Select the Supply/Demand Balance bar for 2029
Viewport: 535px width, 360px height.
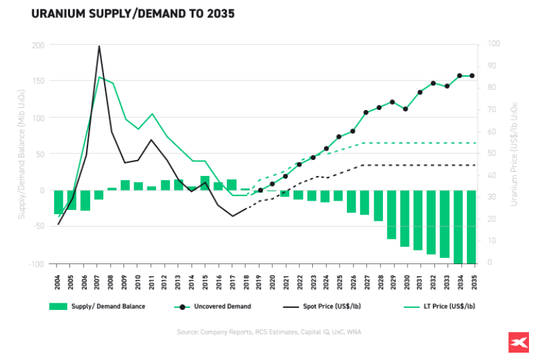pyautogui.click(x=392, y=215)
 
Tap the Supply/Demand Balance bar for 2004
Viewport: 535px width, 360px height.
pyautogui.click(x=59, y=202)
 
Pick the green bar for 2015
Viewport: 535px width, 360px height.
pyautogui.click(x=205, y=183)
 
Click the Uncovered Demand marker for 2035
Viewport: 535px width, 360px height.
pyautogui.click(x=472, y=75)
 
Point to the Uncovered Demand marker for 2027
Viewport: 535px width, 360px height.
pyautogui.click(x=366, y=113)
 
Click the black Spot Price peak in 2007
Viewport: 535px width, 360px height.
pyautogui.click(x=99, y=47)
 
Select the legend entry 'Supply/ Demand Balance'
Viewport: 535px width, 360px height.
pyautogui.click(x=97, y=307)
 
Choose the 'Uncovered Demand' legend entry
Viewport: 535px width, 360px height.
pyautogui.click(x=212, y=307)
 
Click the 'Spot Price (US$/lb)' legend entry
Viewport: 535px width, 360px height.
pyautogui.click(x=326, y=307)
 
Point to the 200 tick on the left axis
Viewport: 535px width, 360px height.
pyautogui.click(x=38, y=45)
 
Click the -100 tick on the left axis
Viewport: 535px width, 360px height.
pyautogui.click(x=36, y=264)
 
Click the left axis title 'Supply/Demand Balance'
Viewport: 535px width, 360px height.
pyautogui.click(x=21, y=155)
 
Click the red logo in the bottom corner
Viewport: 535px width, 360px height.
pyautogui.click(x=517, y=342)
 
